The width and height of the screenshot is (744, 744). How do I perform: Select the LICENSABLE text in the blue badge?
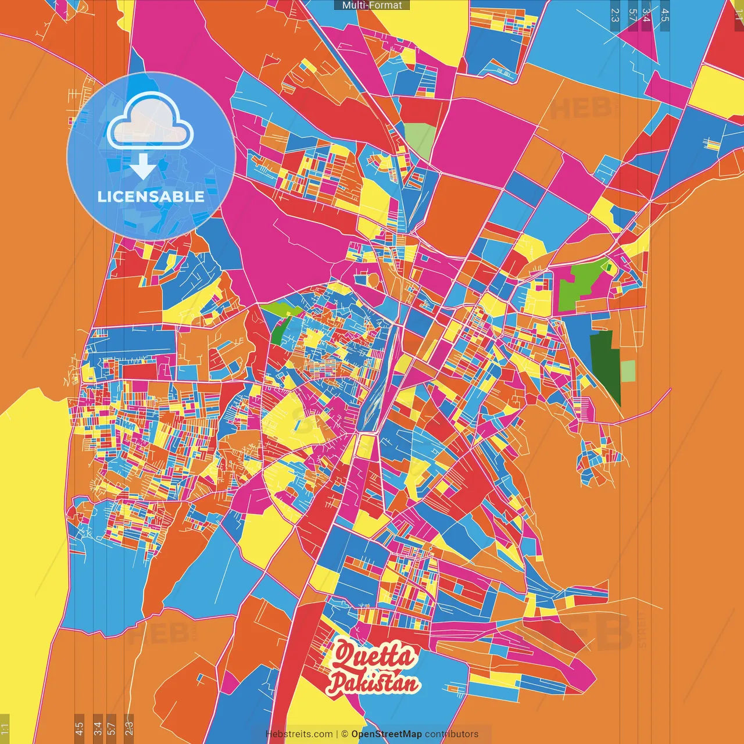pyautogui.click(x=151, y=196)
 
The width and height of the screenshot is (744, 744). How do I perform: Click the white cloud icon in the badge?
pyautogui.click(x=150, y=121)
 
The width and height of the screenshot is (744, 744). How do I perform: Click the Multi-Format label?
pyautogui.click(x=372, y=5)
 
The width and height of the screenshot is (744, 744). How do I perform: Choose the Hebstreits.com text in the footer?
pyautogui.click(x=299, y=734)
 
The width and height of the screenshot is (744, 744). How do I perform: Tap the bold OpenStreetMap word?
pyautogui.click(x=387, y=734)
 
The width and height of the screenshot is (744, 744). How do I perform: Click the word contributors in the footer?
pyautogui.click(x=452, y=734)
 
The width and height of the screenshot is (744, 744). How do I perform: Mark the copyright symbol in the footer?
pyautogui.click(x=344, y=734)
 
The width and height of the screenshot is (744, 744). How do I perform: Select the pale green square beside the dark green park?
pyautogui.click(x=628, y=371)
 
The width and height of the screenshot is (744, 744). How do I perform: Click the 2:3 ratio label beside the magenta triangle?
pyautogui.click(x=615, y=15)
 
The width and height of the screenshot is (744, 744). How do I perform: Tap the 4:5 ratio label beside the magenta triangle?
pyautogui.click(x=665, y=15)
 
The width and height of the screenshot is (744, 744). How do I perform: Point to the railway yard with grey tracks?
pyautogui.click(x=375, y=395)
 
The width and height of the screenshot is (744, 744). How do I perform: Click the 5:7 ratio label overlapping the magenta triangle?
pyautogui.click(x=632, y=15)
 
